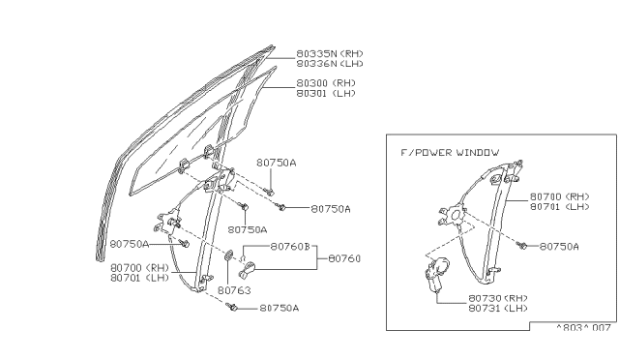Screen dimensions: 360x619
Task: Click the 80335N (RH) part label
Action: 331,53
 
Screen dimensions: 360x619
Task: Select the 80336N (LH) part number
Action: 331,63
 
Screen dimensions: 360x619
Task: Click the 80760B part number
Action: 291,246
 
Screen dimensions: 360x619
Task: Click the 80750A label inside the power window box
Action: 559,247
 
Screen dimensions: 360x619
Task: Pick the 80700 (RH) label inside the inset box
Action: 559,195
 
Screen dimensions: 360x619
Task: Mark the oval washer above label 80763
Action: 230,256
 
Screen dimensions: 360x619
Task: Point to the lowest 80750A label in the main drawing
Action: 280,309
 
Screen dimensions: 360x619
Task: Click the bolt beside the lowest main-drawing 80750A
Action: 235,308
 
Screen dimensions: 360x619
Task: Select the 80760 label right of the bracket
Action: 343,258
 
